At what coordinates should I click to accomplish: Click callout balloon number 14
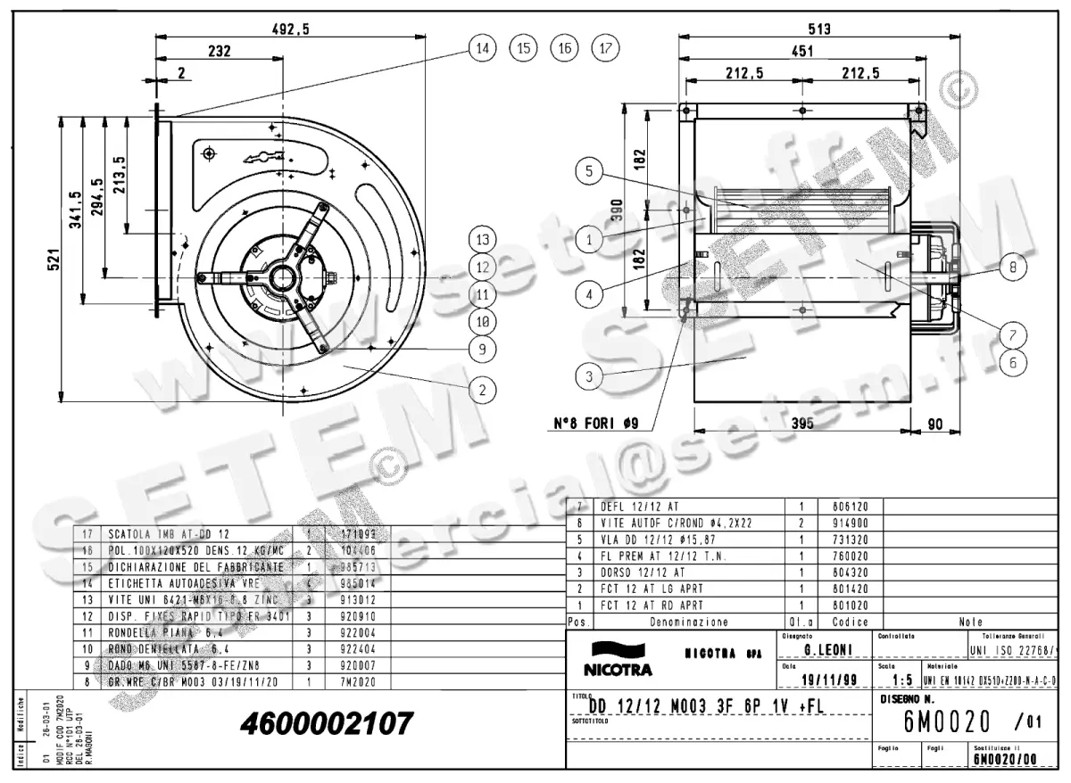pos(482,48)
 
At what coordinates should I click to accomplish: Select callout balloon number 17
pos(605,48)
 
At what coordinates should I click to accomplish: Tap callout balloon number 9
pos(482,350)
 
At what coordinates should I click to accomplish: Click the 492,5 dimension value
pos(290,29)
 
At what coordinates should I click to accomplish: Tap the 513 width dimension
pos(818,29)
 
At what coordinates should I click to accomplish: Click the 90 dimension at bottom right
pos(934,425)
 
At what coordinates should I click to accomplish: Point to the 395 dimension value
pos(802,425)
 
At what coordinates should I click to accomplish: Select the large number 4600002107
pos(327,722)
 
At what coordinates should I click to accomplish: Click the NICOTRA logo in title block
pos(618,660)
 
